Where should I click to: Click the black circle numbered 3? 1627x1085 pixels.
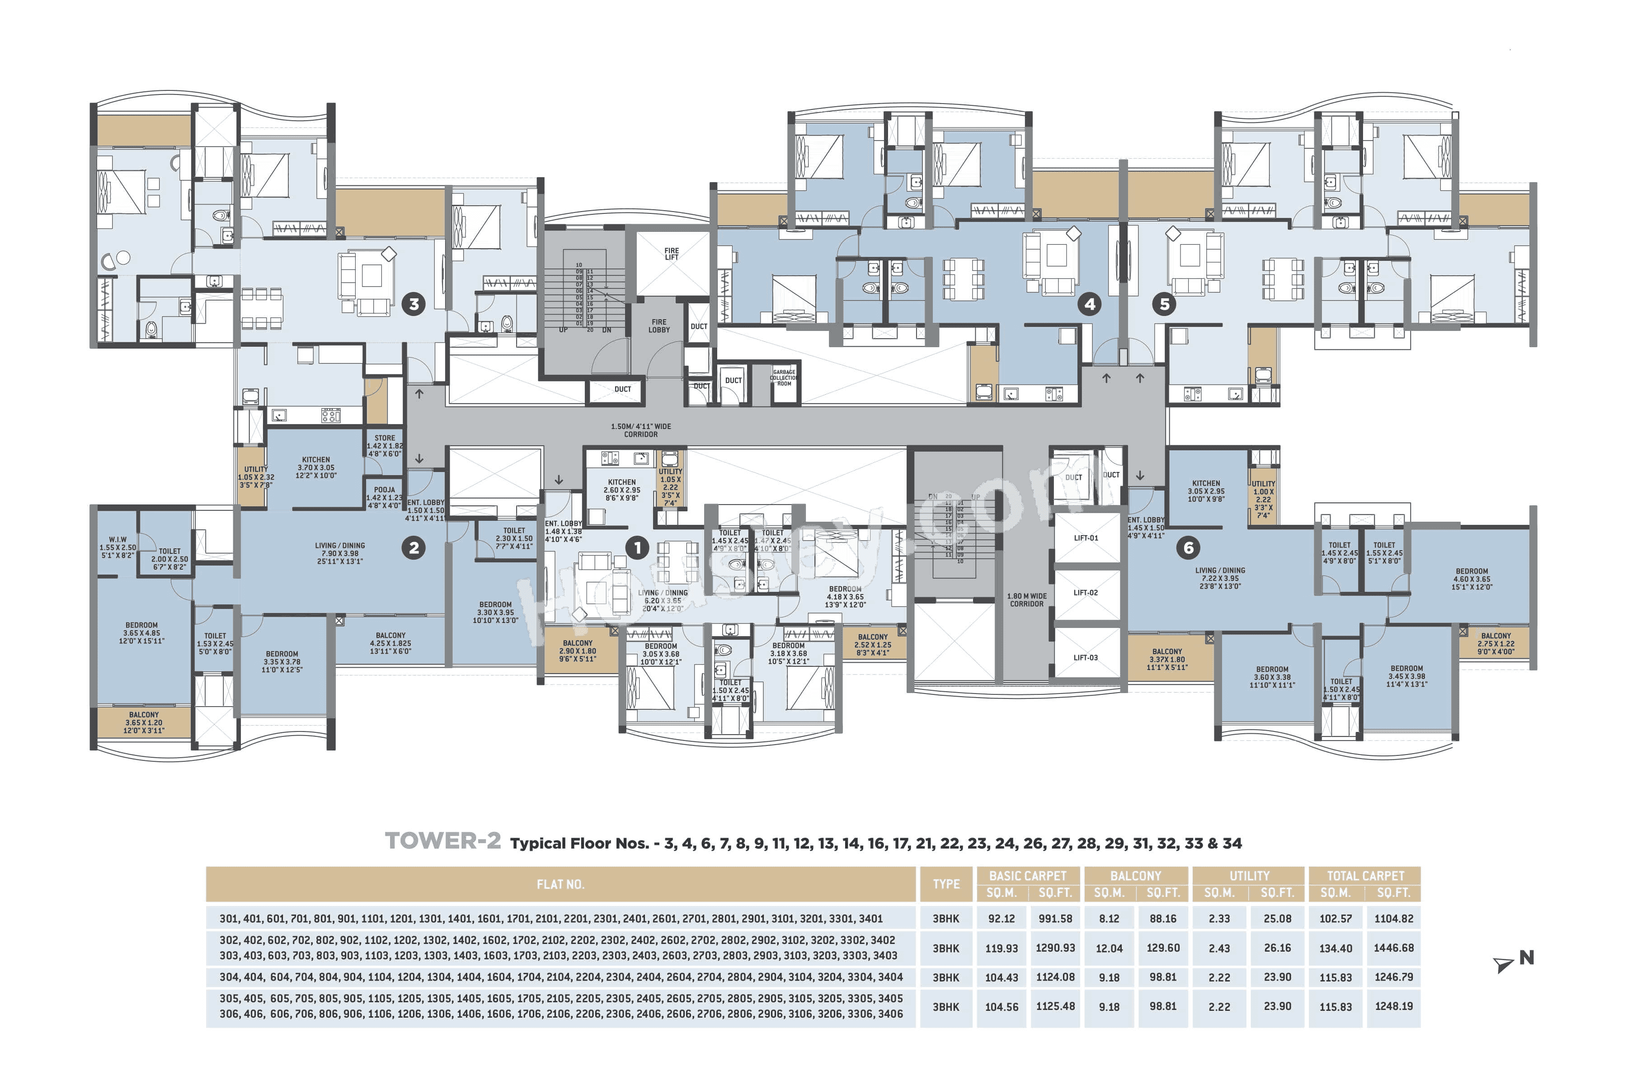[414, 304]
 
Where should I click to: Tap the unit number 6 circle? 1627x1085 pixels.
[1189, 548]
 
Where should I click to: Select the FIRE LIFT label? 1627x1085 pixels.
[671, 254]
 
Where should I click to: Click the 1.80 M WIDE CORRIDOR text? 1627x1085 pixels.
[1026, 600]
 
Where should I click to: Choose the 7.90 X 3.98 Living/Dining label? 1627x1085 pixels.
[340, 553]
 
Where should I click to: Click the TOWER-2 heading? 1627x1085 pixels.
[443, 841]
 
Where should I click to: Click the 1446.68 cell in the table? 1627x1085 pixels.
[1393, 948]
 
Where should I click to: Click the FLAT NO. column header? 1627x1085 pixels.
[560, 884]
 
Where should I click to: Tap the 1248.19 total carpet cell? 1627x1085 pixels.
[1393, 1007]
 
